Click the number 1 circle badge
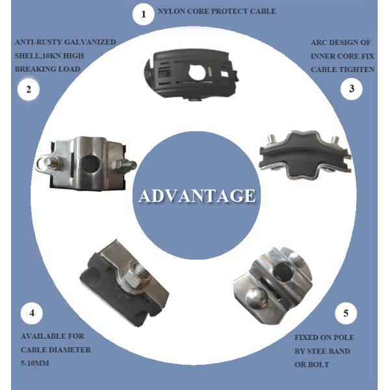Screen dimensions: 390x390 click(x=143, y=14)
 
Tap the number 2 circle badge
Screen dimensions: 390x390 click(x=29, y=89)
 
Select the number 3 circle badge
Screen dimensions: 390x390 click(x=351, y=89)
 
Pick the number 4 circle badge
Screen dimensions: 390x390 click(x=32, y=313)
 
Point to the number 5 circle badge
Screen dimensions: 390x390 click(x=346, y=313)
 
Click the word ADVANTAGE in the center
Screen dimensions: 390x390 click(x=197, y=196)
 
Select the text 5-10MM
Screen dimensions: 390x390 click(x=35, y=363)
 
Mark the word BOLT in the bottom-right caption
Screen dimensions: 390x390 click(x=318, y=365)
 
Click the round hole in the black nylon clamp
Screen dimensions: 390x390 click(x=197, y=71)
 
